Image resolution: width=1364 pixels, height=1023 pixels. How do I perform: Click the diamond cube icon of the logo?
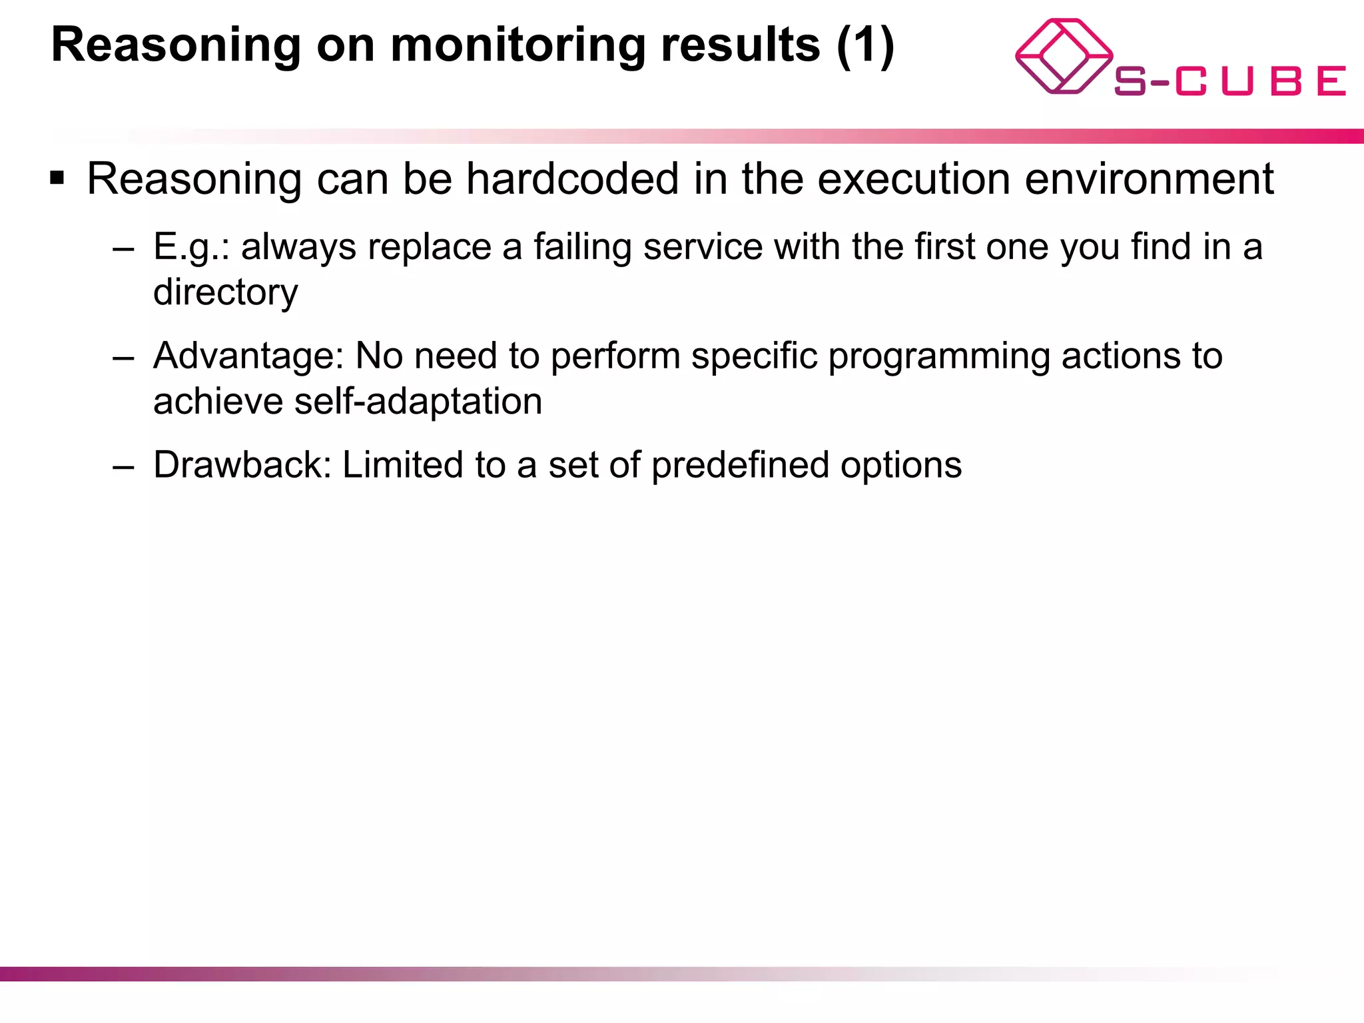click(x=1063, y=57)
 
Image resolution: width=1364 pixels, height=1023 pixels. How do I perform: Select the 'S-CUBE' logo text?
click(x=1229, y=81)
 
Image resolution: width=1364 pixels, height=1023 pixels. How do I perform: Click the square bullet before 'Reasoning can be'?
click(x=57, y=178)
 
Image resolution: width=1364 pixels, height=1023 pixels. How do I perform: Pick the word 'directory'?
click(x=225, y=292)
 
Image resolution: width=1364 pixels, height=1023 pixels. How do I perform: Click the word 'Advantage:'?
click(x=248, y=356)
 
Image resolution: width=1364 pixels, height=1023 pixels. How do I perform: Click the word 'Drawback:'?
click(x=242, y=464)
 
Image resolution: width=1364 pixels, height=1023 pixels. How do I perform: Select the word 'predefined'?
click(x=740, y=464)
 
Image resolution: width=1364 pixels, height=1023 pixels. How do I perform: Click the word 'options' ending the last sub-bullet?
click(x=900, y=464)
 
